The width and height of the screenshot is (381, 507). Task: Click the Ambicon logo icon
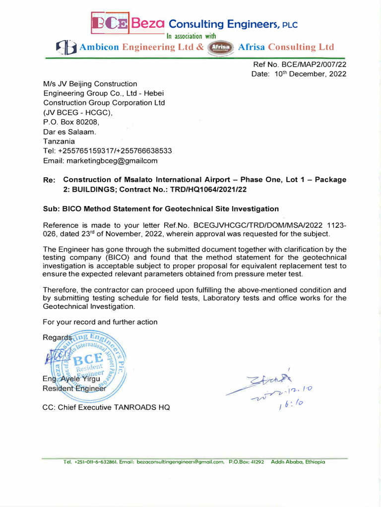[x=65, y=48]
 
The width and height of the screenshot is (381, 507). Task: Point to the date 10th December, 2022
[x=310, y=74]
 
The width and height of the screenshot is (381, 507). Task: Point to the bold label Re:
[x=50, y=180]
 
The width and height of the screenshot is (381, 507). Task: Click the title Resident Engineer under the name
[x=74, y=389]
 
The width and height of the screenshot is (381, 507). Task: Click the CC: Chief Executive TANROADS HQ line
[x=106, y=407]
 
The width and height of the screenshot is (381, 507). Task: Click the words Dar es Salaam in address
[x=69, y=132]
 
